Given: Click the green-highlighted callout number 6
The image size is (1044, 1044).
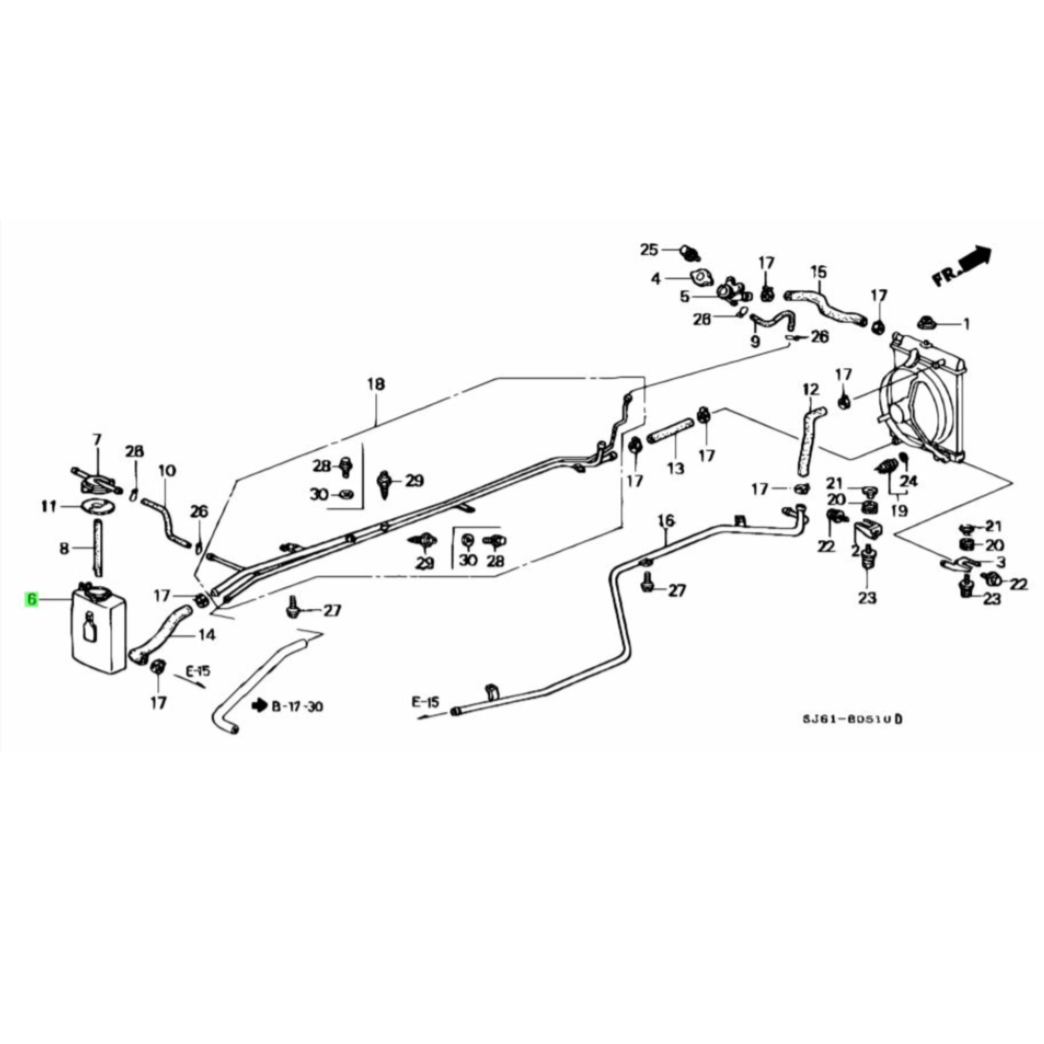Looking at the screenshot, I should (x=31, y=599).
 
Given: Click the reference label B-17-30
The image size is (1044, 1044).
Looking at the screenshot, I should (x=297, y=706).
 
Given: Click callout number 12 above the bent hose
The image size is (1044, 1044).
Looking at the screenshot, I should (x=810, y=389).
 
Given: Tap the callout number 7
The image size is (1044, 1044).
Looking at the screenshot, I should (x=97, y=440).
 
